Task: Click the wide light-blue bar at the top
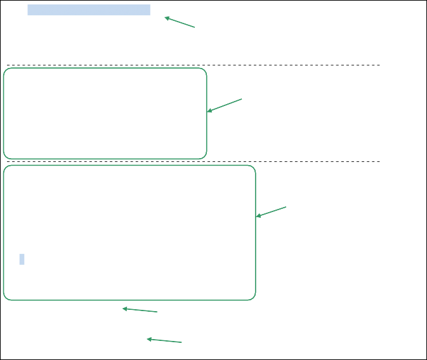click(x=89, y=10)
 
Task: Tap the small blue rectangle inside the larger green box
click(x=22, y=259)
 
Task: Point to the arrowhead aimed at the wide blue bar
click(x=165, y=17)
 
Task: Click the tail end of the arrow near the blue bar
click(x=195, y=27)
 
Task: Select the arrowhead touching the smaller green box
click(x=207, y=112)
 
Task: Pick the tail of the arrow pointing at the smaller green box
click(x=242, y=98)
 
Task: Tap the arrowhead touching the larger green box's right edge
click(x=256, y=217)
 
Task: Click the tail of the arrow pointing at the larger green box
click(x=286, y=206)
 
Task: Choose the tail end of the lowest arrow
click(x=182, y=343)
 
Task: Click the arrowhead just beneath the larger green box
click(x=122, y=309)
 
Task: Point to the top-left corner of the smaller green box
click(x=5, y=70)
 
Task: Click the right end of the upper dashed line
click(x=380, y=65)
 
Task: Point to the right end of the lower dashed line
click(x=380, y=162)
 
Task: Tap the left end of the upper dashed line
click(x=7, y=65)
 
